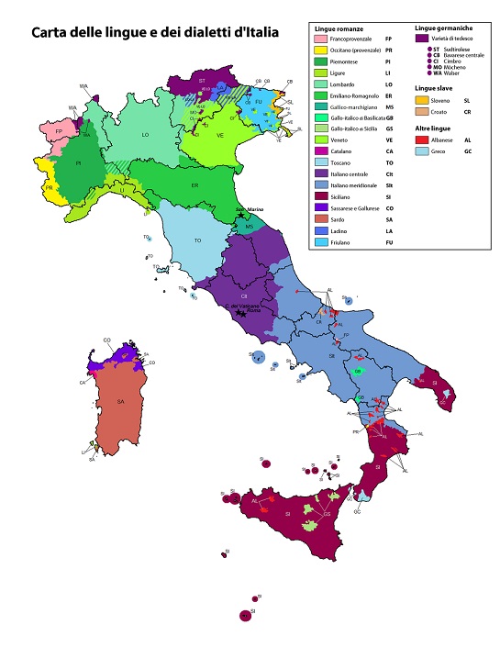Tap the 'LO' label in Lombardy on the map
(145, 135)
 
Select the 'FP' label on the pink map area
(59, 131)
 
